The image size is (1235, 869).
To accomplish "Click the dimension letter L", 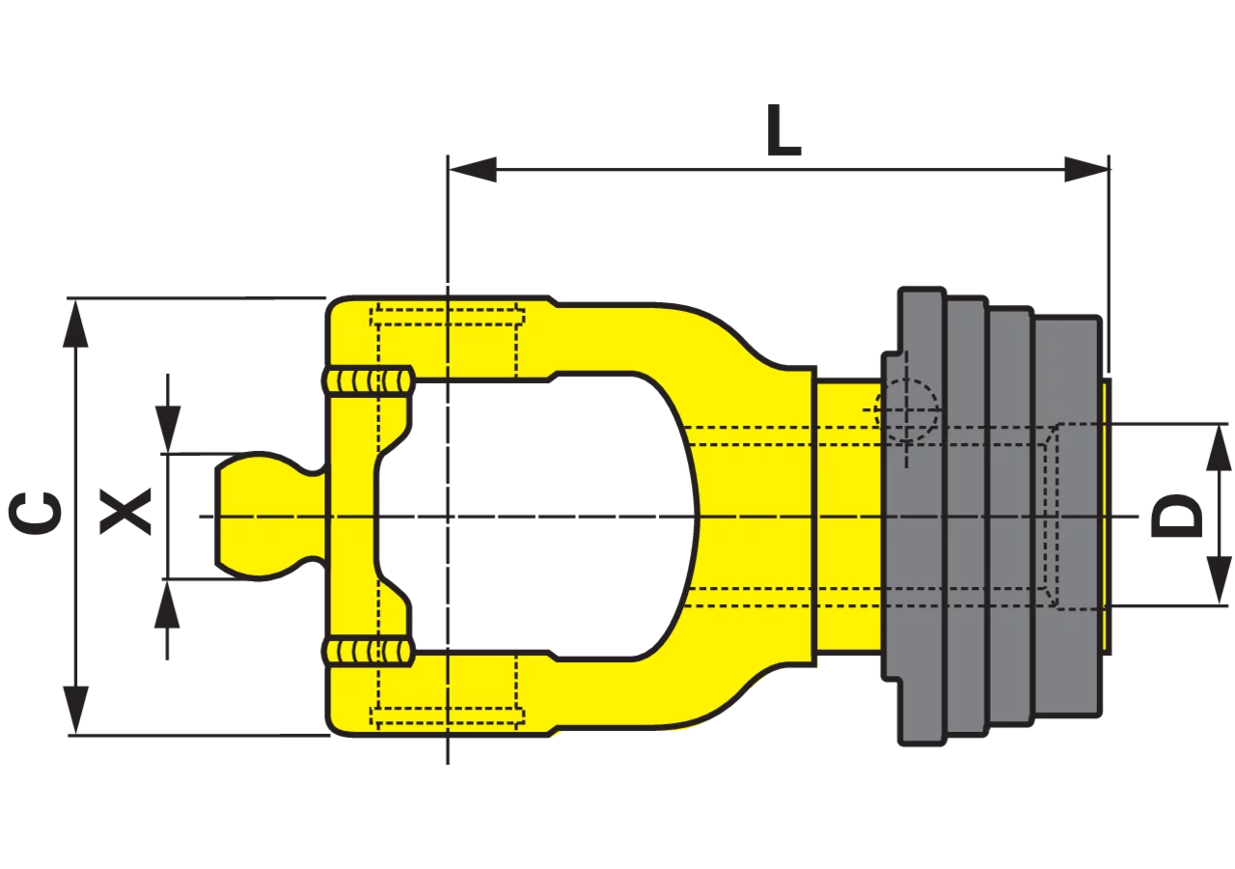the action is [783, 129].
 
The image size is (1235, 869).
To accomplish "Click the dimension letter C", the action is [35, 515].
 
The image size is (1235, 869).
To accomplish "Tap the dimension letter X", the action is [125, 511].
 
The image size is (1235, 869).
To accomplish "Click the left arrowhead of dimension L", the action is [473, 169].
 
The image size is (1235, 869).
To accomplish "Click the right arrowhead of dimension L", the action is [1086, 169].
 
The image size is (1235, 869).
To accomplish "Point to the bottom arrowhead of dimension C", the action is [75, 710].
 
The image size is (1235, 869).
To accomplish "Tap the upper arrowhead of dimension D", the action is [1219, 447].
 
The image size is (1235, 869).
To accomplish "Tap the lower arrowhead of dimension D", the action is [1219, 581].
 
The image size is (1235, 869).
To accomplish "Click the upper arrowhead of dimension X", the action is [168, 430].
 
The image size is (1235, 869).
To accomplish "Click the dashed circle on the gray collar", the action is [906, 411].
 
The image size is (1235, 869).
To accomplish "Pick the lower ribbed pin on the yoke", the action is [367, 653].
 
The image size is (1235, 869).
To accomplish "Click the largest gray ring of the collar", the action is [919, 516].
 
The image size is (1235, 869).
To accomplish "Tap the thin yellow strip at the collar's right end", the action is [1107, 516].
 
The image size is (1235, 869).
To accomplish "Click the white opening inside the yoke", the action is [540, 516].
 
